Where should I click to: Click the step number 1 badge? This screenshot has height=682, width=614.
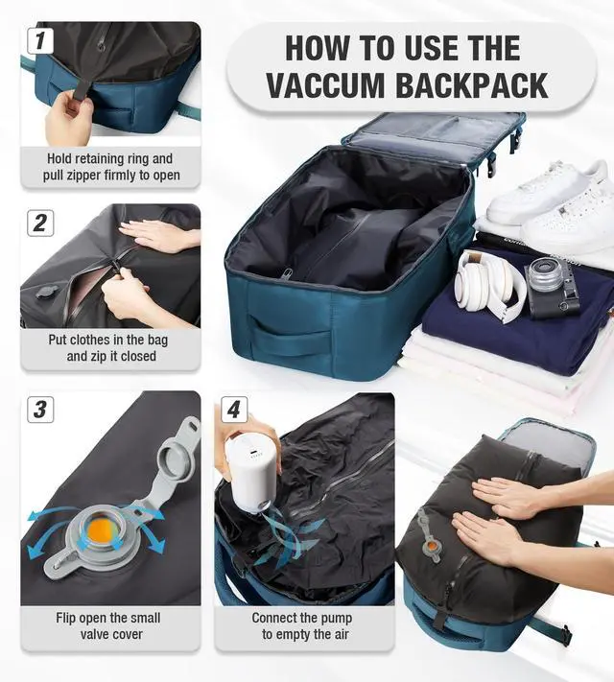[x=40, y=41]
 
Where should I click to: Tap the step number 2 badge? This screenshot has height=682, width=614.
[x=40, y=223]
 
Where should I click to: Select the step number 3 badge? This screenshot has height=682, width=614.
[x=40, y=410]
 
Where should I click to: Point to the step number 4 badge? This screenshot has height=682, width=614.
[x=234, y=410]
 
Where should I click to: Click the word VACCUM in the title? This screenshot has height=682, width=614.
[x=325, y=85]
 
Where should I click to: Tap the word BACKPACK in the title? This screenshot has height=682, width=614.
[x=472, y=85]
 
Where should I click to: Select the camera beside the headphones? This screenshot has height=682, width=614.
[x=553, y=286]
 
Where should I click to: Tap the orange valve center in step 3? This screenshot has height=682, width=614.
[x=102, y=529]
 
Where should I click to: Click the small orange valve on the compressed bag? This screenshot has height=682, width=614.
[x=431, y=545]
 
